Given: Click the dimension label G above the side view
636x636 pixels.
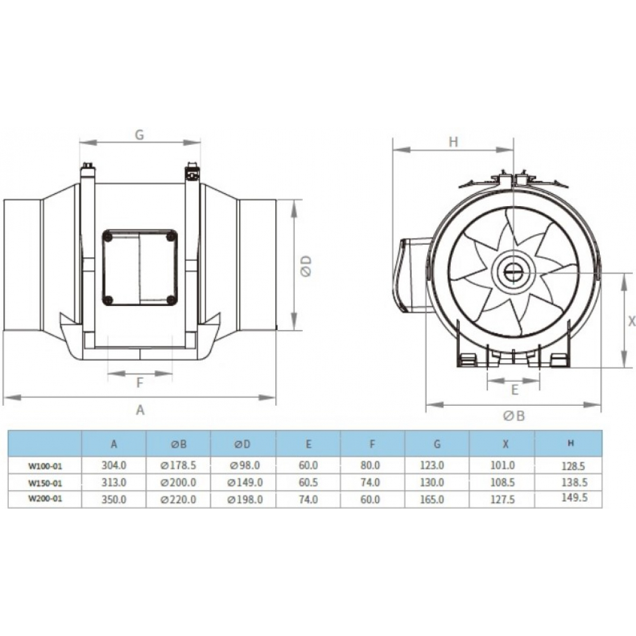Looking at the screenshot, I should (x=140, y=135).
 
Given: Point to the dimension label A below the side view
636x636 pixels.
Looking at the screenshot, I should (x=141, y=410).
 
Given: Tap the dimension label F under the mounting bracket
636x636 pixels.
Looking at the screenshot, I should (x=140, y=382).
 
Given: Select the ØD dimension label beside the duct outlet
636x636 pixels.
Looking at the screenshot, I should (x=306, y=266).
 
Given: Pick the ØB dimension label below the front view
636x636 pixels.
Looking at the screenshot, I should (x=513, y=416).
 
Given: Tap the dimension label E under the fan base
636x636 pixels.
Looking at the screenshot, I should (x=515, y=387).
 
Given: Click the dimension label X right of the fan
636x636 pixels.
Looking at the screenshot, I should (x=631, y=322).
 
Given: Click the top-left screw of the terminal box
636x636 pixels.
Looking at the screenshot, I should (x=108, y=237).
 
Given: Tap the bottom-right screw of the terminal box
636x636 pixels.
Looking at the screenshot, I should (x=171, y=300).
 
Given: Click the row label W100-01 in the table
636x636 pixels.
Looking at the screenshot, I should (x=45, y=466).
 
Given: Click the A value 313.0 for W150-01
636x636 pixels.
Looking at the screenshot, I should (x=114, y=483).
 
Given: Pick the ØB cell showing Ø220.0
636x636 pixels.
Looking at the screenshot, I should (x=179, y=500).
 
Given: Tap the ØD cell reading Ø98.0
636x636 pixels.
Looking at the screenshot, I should (x=244, y=466).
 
